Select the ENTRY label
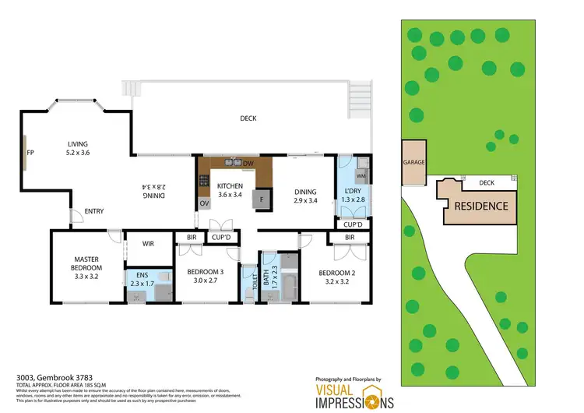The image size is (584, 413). [x=94, y=210]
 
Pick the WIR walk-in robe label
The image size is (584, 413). [x=147, y=244]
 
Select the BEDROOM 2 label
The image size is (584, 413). [x=338, y=277]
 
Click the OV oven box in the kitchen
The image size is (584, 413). [x=204, y=203]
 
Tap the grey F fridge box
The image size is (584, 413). [x=262, y=199]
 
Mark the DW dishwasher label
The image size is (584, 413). [x=248, y=164]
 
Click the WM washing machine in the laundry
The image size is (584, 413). [x=361, y=177]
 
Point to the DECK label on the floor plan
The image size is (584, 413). [x=248, y=118]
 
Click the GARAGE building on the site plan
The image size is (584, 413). [x=413, y=164]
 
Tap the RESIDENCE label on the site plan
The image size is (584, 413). [x=481, y=206]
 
